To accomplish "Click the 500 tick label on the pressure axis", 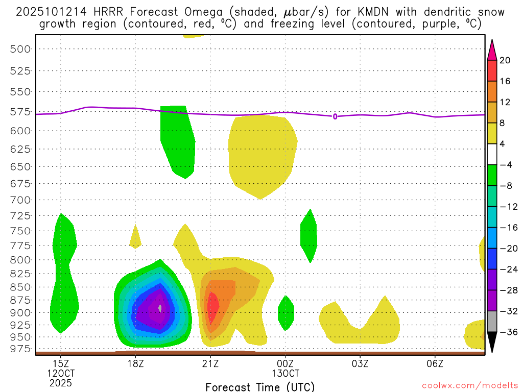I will coord(20,49).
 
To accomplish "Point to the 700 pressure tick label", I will coord(20,200).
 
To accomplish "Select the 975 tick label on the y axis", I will coord(20,349).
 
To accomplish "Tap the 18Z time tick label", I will coord(135,363).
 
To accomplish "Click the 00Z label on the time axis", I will coord(285,363).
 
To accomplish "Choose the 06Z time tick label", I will coord(435,363).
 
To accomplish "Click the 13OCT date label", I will coord(285,373).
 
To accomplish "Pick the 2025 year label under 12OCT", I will coord(61,383).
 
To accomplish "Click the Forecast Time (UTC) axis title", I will coord(260,386).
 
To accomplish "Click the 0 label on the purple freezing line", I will coord(335,116).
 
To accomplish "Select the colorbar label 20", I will coord(505,60).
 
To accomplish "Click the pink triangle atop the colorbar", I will coord(492,50).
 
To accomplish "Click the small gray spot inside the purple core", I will coord(160,308).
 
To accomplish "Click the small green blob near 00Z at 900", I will coord(286,312).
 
